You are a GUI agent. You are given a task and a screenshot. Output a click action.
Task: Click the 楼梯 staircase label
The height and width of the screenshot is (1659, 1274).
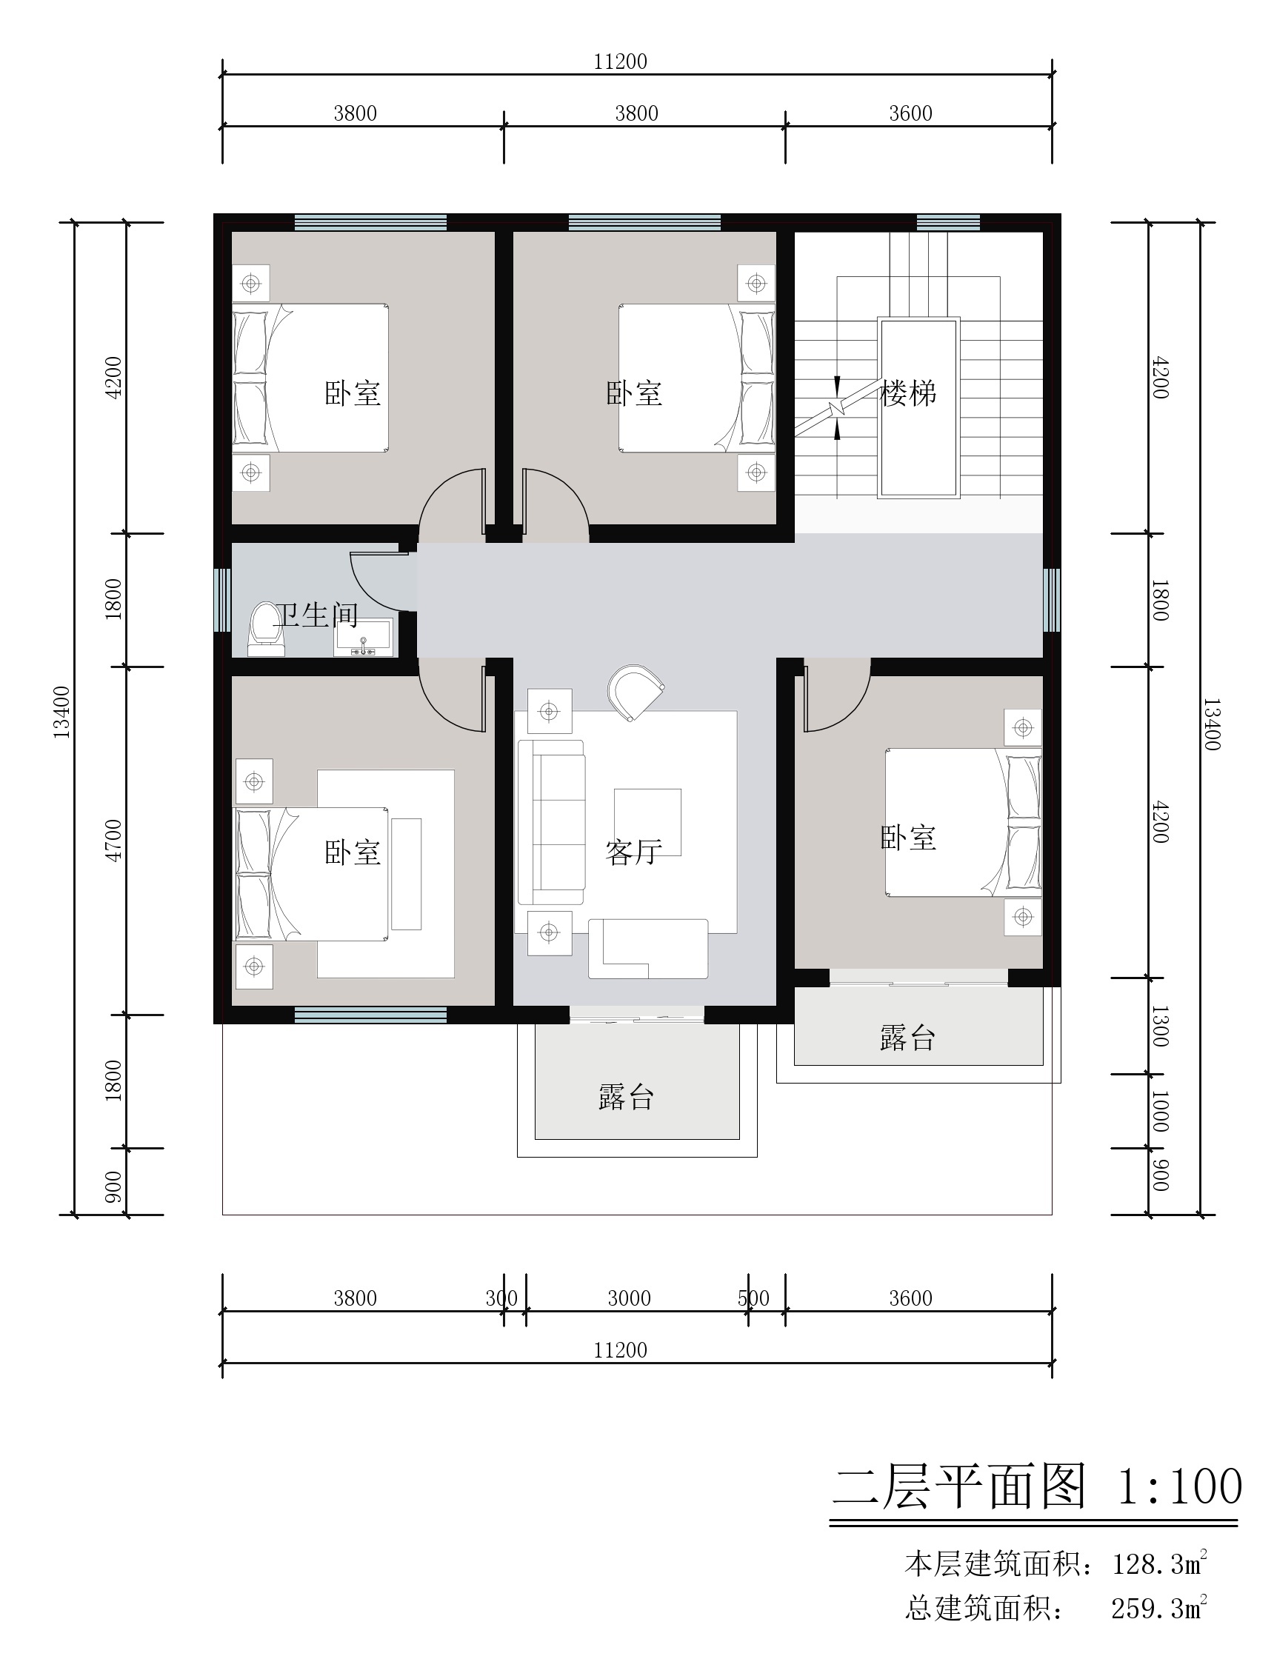pyautogui.click(x=908, y=393)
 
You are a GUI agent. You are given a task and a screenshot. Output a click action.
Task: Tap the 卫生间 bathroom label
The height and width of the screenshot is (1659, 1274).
pyautogui.click(x=316, y=615)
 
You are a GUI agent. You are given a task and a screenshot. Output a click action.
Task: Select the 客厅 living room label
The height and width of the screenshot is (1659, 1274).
pyautogui.click(x=634, y=852)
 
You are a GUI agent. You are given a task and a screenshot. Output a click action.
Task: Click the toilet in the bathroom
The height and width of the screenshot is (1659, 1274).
pyautogui.click(x=265, y=630)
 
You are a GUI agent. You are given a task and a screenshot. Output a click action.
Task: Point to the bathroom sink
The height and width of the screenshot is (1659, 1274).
pyautogui.click(x=363, y=637)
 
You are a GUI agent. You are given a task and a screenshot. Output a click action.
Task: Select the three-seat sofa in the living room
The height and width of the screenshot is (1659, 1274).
pyautogui.click(x=551, y=823)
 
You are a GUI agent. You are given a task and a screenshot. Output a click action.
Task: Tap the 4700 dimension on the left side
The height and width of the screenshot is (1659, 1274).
pyautogui.click(x=113, y=840)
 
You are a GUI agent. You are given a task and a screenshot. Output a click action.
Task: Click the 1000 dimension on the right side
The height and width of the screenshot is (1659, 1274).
pyautogui.click(x=1159, y=1111)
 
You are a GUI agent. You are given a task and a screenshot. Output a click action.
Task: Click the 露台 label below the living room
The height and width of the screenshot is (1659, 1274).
pyautogui.click(x=627, y=1097)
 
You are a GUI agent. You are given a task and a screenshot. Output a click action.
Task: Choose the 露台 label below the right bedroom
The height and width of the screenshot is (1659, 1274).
pyautogui.click(x=908, y=1038)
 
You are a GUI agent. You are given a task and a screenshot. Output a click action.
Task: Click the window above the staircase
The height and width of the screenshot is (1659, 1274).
pyautogui.click(x=948, y=223)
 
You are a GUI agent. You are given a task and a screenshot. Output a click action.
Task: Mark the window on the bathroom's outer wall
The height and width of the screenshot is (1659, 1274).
pyautogui.click(x=222, y=600)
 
